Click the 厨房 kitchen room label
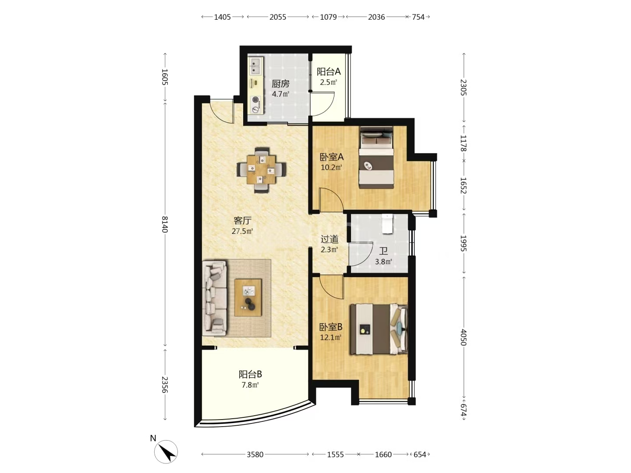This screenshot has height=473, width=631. (x=280, y=84)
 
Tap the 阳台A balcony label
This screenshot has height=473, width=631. (x=329, y=71)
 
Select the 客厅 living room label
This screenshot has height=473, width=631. (x=242, y=221)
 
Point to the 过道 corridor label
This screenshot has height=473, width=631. (x=330, y=239)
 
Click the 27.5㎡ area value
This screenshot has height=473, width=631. (x=242, y=231)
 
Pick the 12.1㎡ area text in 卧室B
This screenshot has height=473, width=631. (x=331, y=337)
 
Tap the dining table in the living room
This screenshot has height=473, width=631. (x=261, y=170)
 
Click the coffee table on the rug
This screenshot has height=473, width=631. (x=248, y=297)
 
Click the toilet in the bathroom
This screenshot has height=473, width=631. (x=387, y=224)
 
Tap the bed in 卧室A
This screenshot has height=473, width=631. (x=376, y=157)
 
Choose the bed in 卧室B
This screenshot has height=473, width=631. (x=379, y=329)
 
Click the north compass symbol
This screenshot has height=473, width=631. (x=166, y=452)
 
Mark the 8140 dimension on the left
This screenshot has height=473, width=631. (x=165, y=224)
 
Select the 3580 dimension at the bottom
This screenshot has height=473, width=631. (x=255, y=454)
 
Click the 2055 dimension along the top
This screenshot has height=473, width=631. (x=278, y=17)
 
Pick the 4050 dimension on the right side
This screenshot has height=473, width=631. (x=464, y=337)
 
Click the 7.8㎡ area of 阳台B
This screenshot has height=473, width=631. (x=250, y=385)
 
